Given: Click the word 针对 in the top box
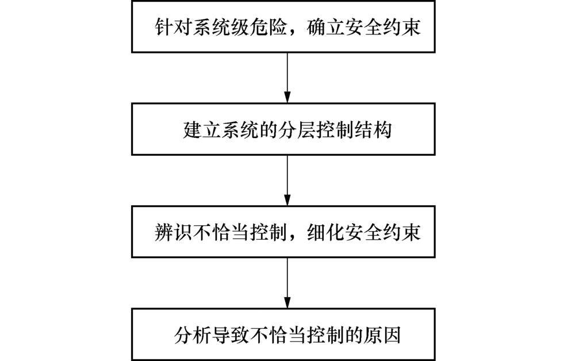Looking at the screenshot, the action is pos(174,27).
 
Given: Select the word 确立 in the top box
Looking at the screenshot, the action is pos(326,27).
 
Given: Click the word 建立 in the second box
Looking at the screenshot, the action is pos(202,130).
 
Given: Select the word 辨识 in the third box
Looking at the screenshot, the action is pos(174,232).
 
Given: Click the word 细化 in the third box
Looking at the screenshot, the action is pos(326,232).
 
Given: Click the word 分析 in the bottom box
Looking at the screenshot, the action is pos(193,335).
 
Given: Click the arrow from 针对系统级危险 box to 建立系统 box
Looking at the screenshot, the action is pos(287,78).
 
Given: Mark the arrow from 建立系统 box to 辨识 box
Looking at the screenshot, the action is pos(287,180).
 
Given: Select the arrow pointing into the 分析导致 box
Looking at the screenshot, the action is pos(287,283).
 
